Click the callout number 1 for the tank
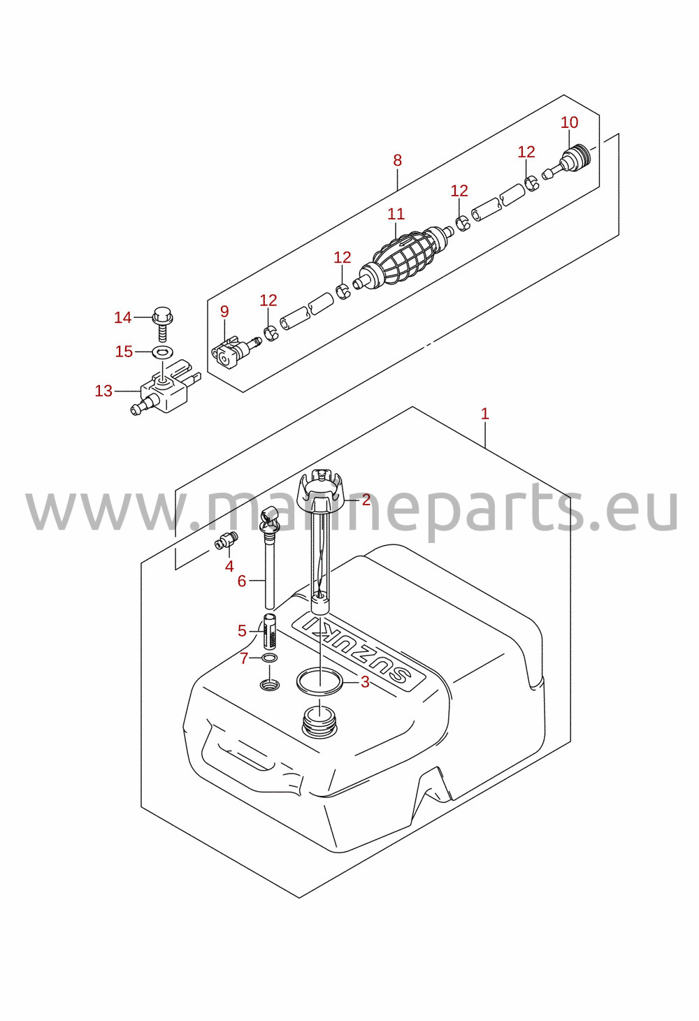tap(484, 414)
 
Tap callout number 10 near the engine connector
tap(570, 122)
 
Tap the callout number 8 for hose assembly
tap(398, 161)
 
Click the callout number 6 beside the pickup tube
tap(242, 581)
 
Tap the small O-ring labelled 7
tap(270, 658)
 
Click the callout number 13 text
tap(103, 391)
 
